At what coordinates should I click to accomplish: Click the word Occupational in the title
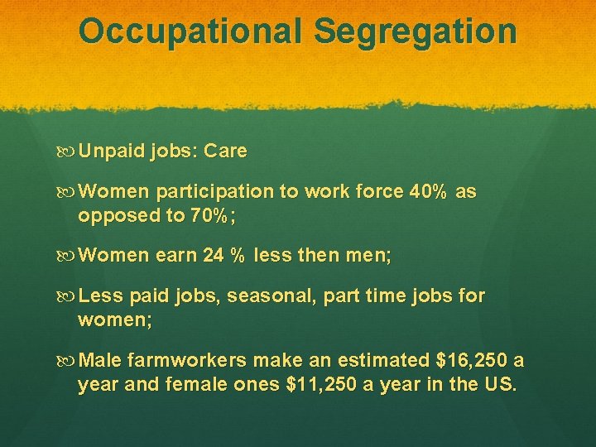(191, 31)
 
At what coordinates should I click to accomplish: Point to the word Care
(225, 151)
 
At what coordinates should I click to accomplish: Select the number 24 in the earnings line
(214, 256)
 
